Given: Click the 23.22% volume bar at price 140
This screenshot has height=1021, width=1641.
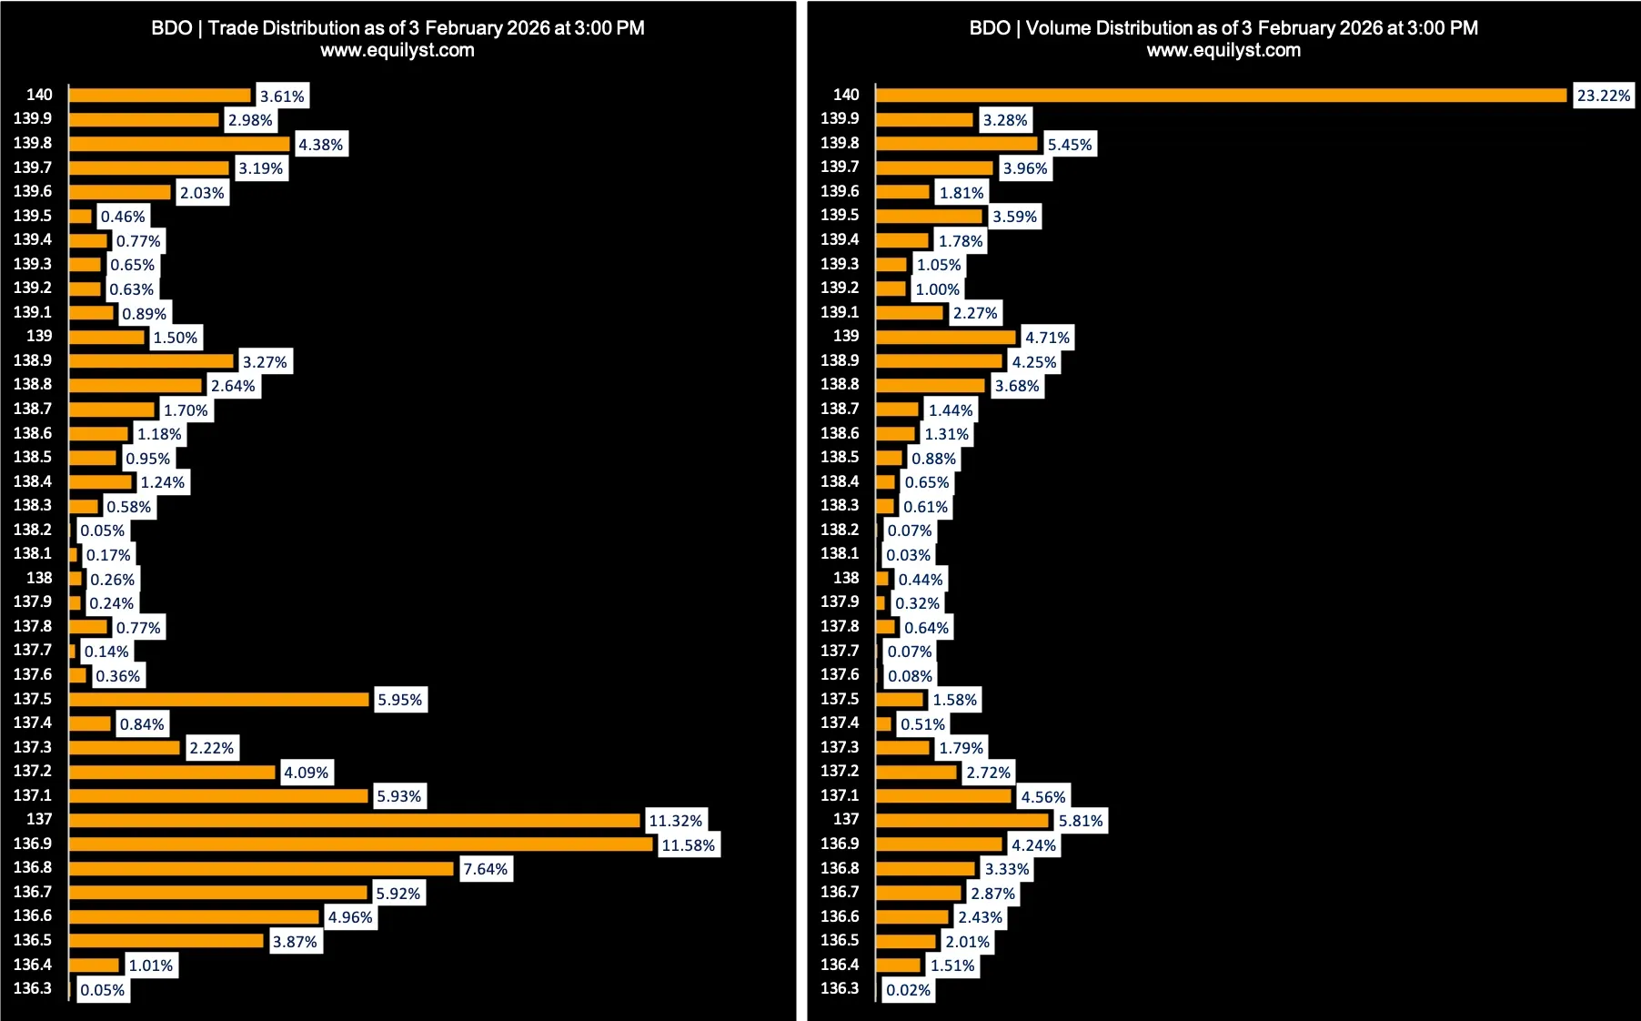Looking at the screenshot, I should click(x=1221, y=96).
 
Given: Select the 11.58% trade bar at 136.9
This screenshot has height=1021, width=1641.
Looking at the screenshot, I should click(x=361, y=844).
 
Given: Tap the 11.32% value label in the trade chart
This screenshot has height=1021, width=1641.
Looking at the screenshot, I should click(x=675, y=821).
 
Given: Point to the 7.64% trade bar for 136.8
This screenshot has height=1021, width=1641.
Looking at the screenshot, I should click(x=261, y=869).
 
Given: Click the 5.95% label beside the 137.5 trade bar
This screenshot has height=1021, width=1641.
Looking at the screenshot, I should click(x=400, y=700).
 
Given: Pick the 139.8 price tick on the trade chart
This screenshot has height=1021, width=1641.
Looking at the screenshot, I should click(x=33, y=143).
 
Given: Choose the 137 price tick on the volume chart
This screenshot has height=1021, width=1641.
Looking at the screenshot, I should click(x=846, y=819).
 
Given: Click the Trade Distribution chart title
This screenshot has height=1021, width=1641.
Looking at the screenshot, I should click(x=398, y=28).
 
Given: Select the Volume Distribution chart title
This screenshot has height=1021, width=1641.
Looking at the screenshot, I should click(x=1223, y=28).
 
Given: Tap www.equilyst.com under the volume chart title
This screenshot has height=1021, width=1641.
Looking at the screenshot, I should click(x=1223, y=51).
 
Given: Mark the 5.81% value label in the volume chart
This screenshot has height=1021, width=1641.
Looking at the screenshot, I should click(x=1081, y=821).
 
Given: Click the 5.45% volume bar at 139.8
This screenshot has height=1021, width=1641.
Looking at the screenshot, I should click(x=957, y=144).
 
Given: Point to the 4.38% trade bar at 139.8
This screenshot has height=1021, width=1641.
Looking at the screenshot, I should click(x=179, y=144).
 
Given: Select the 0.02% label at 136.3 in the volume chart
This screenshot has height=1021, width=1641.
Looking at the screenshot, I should click(x=909, y=990).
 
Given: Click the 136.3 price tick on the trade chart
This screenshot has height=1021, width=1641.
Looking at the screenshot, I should click(x=33, y=988).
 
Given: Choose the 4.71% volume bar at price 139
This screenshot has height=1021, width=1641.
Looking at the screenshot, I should click(x=946, y=338).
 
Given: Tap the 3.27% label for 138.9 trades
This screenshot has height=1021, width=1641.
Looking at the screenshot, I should click(x=265, y=362).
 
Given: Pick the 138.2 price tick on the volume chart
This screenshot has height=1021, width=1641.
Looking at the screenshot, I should click(x=840, y=530).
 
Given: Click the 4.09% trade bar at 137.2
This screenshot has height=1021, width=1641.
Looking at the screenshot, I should click(x=172, y=773).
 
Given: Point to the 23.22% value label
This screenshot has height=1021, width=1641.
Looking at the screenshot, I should click(x=1604, y=96).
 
